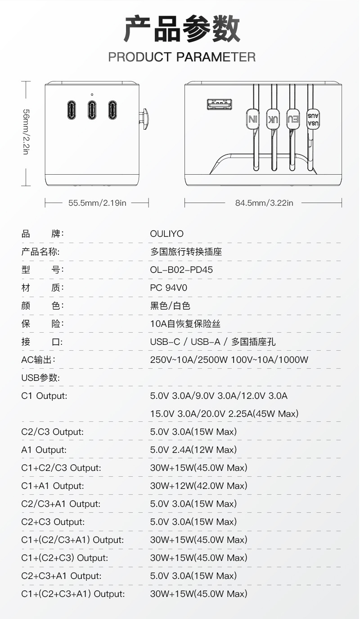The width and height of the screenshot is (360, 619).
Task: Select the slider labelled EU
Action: coord(293,119)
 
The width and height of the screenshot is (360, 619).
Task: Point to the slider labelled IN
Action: coord(253,119)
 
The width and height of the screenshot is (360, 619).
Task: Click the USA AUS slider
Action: coord(313,119)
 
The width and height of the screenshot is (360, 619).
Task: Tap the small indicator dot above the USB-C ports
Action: coord(92,95)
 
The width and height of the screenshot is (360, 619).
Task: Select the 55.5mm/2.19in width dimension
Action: coord(97,203)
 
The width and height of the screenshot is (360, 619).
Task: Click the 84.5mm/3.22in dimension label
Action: coord(264,203)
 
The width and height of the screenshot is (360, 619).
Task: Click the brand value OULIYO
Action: coord(166,234)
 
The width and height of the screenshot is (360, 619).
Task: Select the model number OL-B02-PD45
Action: coord(181,270)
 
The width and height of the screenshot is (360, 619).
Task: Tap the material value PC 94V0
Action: coord(168,288)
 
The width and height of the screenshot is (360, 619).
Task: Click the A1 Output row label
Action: coord(44,450)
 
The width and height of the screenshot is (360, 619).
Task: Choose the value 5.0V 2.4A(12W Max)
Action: coord(193,450)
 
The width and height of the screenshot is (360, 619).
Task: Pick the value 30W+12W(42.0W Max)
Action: coord(198,486)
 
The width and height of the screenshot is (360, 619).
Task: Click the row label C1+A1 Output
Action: coord(53,486)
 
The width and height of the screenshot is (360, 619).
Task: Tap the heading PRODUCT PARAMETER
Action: coord(182,57)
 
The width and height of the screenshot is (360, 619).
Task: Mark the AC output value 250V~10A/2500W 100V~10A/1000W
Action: coord(229,360)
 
